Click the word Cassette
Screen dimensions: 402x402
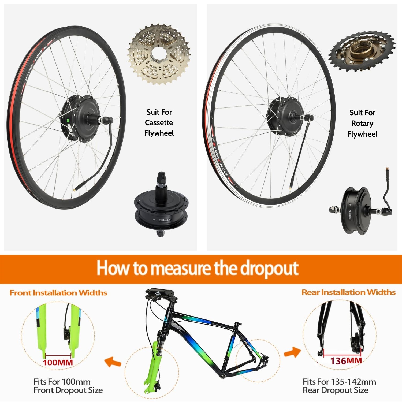coord(159,123)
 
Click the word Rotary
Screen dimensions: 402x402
coord(362,124)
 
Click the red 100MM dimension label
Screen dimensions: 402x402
coord(58,363)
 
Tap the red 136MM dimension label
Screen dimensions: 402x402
coord(346,361)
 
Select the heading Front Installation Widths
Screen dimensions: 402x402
coord(58,293)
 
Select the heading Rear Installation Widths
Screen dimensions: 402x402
coord(348,292)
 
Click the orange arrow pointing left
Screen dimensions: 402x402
coord(113,362)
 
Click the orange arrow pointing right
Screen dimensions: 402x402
coord(292,352)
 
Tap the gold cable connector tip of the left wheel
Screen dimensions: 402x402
coord(77,189)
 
